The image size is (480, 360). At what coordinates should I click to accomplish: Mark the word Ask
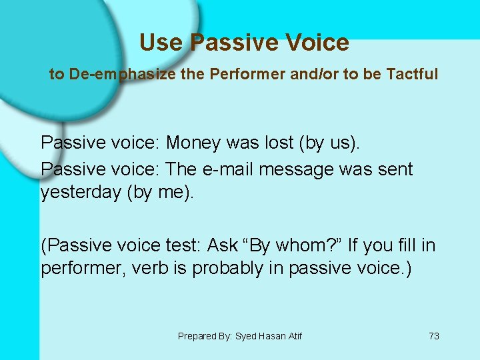[x=223, y=246]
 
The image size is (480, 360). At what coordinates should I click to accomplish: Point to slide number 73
[x=433, y=336]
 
